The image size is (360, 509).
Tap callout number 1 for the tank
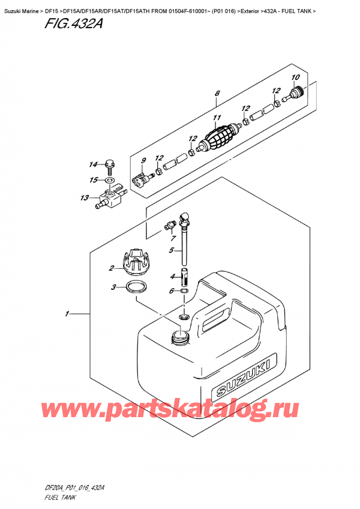67,313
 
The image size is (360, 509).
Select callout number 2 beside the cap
111,268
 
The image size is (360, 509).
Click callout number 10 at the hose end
295,77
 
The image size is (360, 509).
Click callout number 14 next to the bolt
93,164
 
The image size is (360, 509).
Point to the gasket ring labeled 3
136,288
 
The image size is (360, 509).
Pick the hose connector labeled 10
295,93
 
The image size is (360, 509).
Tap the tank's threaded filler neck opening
179,337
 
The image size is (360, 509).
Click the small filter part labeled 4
185,277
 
